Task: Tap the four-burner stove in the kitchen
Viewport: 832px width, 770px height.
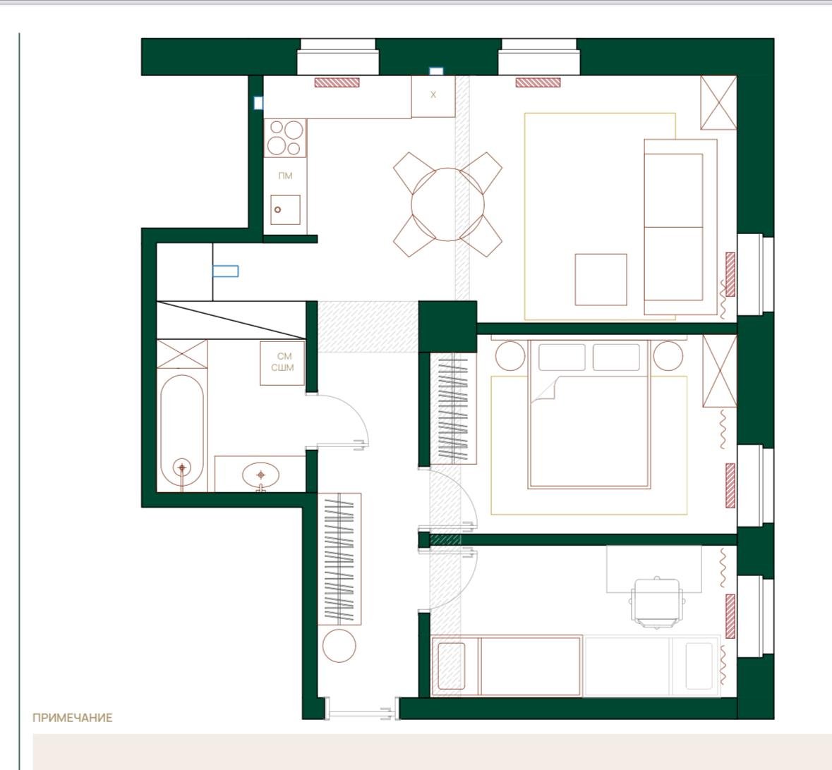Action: pos(286,138)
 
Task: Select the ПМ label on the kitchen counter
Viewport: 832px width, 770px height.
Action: pos(286,176)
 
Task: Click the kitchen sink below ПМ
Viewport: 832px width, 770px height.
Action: pos(286,209)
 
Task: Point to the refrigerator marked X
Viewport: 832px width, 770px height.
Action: pos(433,96)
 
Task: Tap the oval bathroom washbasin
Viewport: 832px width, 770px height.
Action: pos(260,474)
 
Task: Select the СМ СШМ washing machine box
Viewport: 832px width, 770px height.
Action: pos(282,362)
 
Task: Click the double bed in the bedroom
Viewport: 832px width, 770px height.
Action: pos(589,414)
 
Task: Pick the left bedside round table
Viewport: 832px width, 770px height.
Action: pos(510,356)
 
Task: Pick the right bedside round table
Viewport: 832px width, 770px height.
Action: pos(668,356)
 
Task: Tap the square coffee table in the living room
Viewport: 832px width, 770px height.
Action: pos(601,279)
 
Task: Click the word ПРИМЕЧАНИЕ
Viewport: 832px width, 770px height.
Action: pos(73,718)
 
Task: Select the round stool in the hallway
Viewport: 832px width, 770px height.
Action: pos(339,645)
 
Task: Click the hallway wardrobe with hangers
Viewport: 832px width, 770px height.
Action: pos(339,558)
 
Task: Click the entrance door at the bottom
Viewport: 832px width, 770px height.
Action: pos(361,709)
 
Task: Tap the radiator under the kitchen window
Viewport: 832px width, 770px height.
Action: pos(337,82)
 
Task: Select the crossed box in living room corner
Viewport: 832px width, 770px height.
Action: pos(718,102)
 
